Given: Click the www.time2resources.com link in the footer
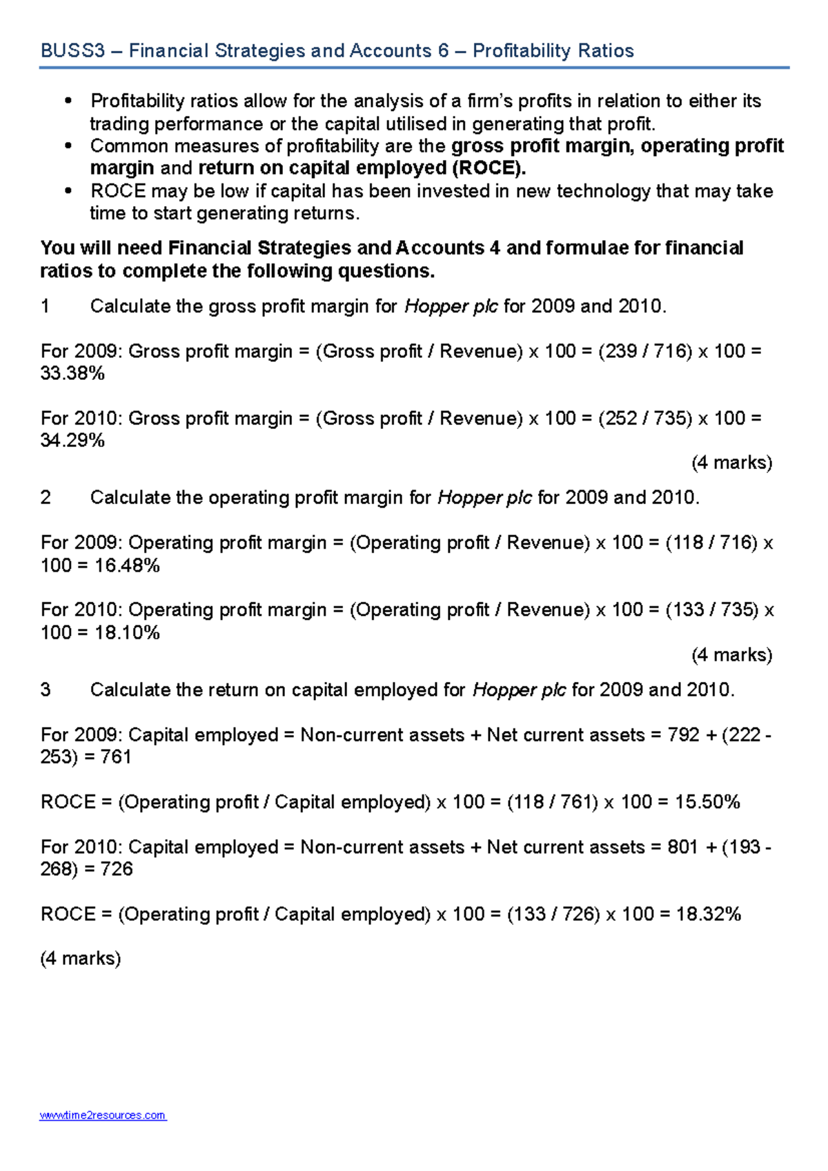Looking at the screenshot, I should pos(103,1115).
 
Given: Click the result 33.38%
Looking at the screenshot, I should pos(72,374).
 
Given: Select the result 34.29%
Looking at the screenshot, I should pos(72,441).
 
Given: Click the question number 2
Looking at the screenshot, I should pos(46,498).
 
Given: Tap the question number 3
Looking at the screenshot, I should pos(46,690).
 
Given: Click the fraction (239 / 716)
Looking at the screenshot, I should pos(645,352).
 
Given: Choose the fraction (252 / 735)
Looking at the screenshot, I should pos(645,419).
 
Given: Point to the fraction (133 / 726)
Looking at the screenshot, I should pos(553,914).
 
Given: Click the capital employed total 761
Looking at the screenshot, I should pos(116,757).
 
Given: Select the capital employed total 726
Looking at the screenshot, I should pos(116,869).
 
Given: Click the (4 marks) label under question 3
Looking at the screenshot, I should pos(81,959).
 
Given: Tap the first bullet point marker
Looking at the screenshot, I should pos(68,102).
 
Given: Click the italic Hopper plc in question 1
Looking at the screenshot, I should pos(451,307).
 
